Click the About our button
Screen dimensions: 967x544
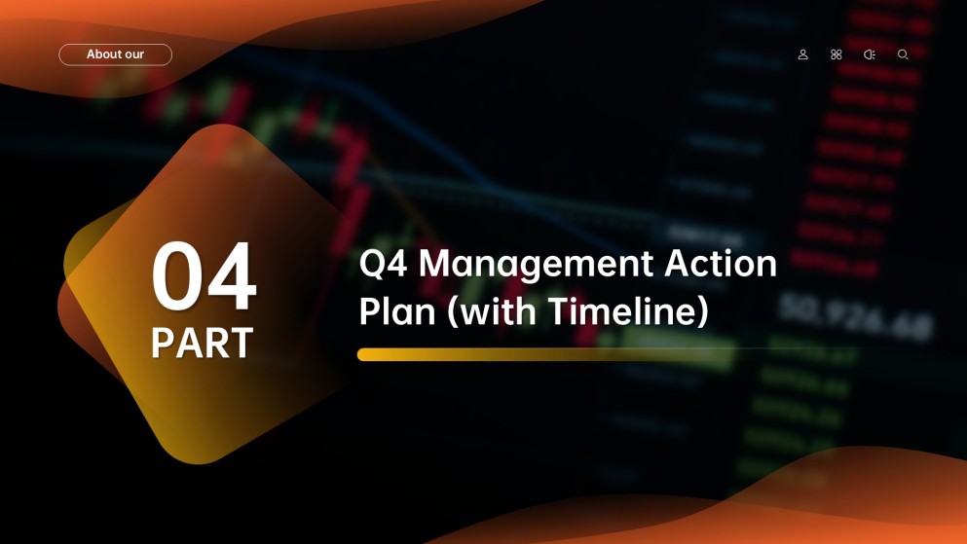point(115,54)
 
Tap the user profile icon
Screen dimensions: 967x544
point(803,54)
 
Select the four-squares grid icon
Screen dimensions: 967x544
point(837,54)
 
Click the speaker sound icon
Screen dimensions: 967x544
point(870,54)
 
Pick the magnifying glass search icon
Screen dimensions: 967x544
point(903,54)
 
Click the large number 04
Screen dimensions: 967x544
point(205,275)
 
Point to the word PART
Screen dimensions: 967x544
point(203,343)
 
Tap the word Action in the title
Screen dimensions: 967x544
point(721,264)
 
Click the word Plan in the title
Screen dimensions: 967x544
point(397,311)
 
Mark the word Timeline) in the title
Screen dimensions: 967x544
point(628,311)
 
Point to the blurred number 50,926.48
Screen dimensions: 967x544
point(855,316)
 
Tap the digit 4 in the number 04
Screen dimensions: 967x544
point(232,275)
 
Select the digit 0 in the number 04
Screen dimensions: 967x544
point(177,275)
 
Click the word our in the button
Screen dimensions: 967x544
point(132,54)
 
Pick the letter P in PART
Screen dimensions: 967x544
point(163,343)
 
